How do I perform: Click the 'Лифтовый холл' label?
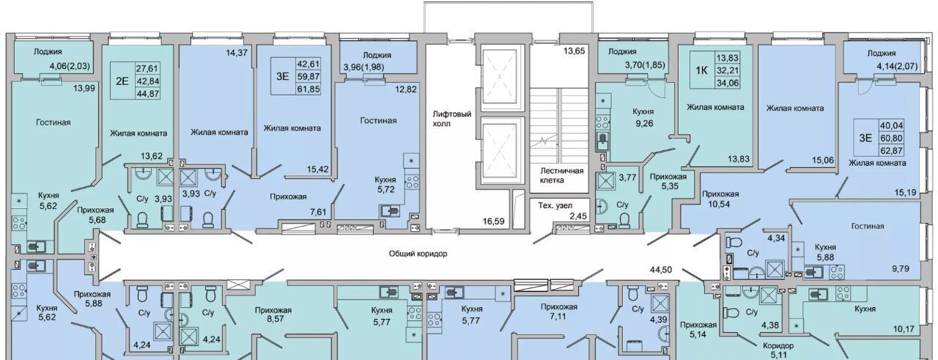[x=452, y=119]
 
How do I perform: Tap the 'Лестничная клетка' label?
[x=561, y=175]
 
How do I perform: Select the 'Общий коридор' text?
[x=418, y=254]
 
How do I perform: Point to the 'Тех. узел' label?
[x=555, y=206]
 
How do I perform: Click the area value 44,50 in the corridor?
[x=661, y=270]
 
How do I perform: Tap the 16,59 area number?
[x=493, y=221]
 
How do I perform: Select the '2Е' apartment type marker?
[x=122, y=81]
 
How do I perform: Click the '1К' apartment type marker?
[x=701, y=70]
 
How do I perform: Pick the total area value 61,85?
[x=309, y=89]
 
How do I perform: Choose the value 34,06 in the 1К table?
[x=728, y=83]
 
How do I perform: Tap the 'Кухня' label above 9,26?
[x=643, y=112]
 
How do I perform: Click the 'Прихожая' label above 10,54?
[x=720, y=194]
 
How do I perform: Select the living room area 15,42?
[x=318, y=169]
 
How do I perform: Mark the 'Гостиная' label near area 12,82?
[x=378, y=121]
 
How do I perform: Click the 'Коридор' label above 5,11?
[x=778, y=346]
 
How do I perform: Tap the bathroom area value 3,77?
[x=628, y=177]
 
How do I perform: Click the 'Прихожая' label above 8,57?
[x=273, y=311]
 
